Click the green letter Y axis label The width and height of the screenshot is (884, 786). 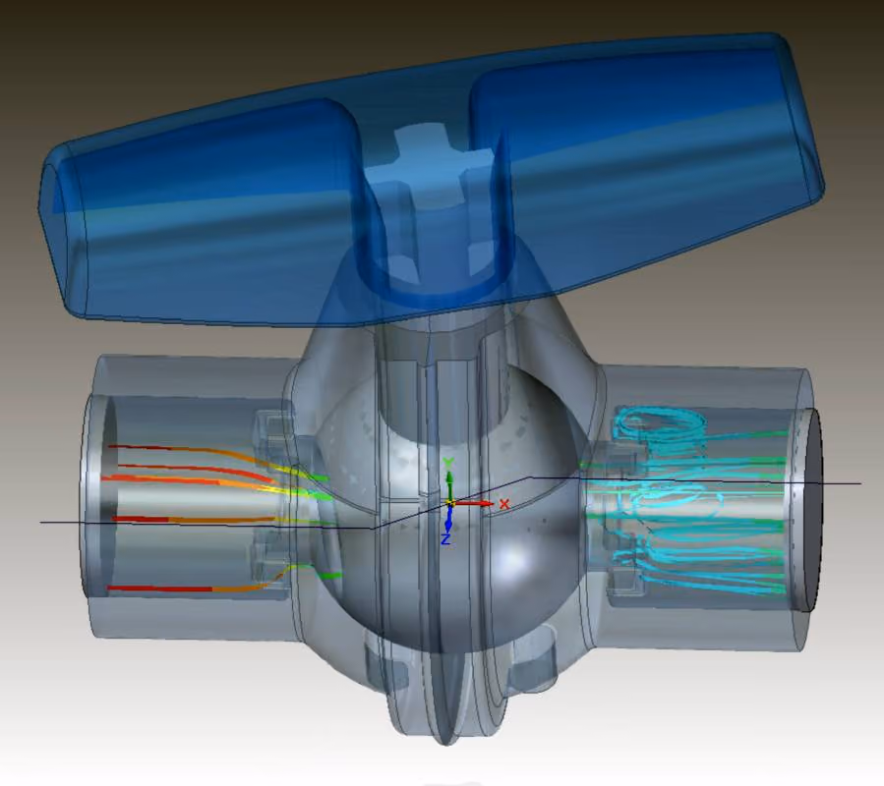(448, 464)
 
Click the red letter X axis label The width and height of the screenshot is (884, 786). (504, 504)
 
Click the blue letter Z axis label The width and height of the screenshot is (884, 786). (445, 539)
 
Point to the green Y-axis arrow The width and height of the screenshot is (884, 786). (450, 484)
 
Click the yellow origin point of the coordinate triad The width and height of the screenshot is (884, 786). (450, 502)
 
